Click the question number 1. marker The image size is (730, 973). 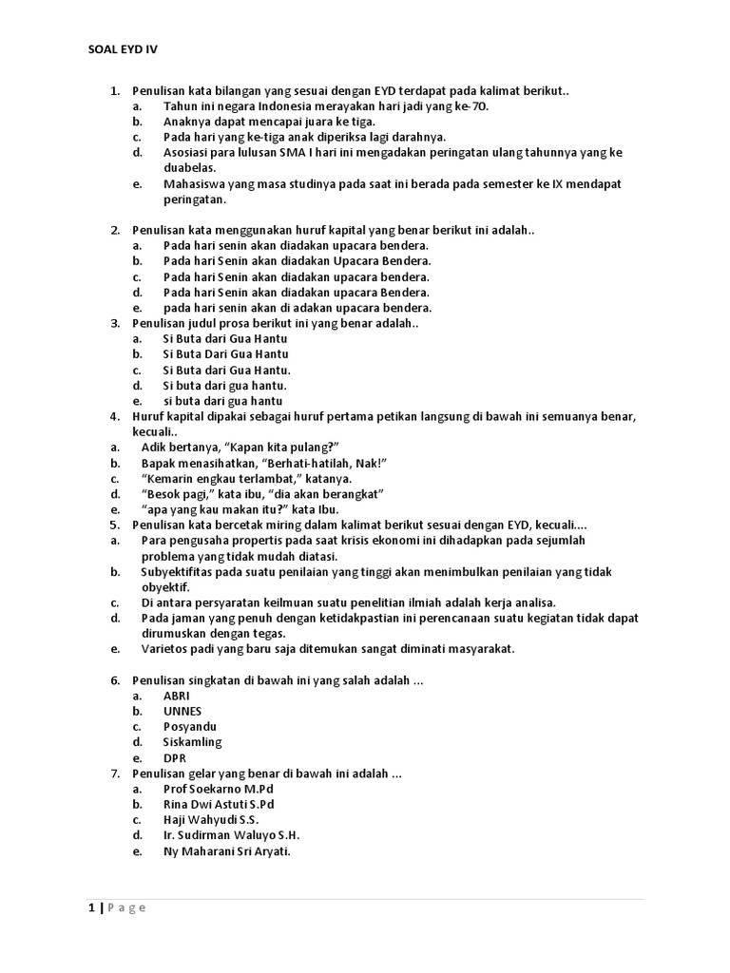point(115,90)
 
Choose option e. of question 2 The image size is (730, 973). point(137,308)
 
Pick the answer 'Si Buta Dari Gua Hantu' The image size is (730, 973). point(225,354)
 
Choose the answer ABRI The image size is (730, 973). point(177,696)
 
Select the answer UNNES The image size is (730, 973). point(182,711)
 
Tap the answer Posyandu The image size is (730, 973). point(190,727)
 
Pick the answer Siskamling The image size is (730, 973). point(192,742)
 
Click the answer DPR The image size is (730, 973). point(175,757)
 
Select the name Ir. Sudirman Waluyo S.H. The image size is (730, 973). point(231,835)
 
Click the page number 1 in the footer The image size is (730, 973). point(91,907)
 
